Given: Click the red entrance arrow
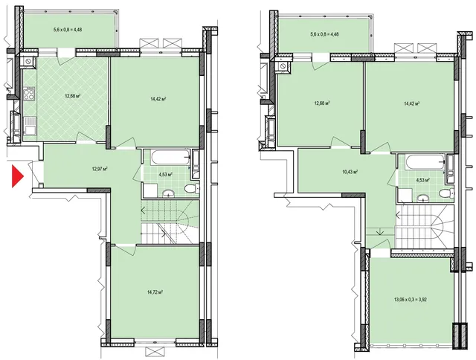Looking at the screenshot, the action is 17,176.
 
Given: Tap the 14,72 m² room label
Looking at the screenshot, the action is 155,292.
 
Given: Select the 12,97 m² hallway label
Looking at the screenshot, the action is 100,168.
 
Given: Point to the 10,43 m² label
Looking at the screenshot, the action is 349,172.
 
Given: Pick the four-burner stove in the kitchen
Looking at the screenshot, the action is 29,94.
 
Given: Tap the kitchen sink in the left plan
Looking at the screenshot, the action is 30,126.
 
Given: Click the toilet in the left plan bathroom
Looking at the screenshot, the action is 192,188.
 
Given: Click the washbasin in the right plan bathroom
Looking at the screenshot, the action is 423,198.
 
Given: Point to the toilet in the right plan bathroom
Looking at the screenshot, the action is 448,193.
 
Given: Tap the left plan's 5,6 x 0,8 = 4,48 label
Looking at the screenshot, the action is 68,30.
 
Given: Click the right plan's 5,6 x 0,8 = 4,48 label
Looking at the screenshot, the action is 324,34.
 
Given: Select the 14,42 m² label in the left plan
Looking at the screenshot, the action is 158,99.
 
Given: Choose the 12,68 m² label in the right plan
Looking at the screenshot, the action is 322,103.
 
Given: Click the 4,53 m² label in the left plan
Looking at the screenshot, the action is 166,175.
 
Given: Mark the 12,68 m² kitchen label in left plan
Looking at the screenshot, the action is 72,96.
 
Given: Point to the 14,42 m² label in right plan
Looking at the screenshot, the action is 411,103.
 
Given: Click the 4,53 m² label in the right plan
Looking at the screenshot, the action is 423,180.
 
